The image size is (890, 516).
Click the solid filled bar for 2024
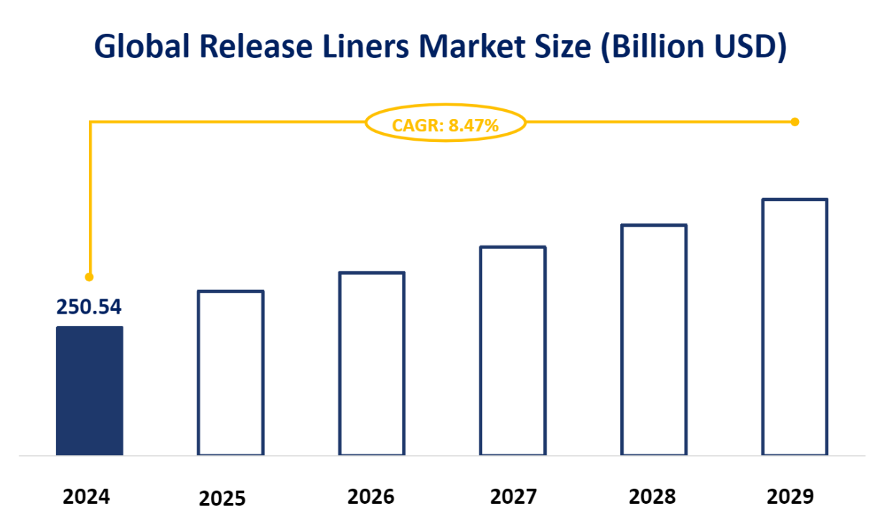(x=90, y=391)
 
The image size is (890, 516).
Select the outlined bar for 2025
(x=230, y=373)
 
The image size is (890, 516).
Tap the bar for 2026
(x=372, y=364)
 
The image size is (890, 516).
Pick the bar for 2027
(x=513, y=351)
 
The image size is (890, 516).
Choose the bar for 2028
(x=654, y=340)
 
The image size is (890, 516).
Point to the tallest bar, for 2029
(x=795, y=327)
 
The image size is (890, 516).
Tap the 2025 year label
(x=222, y=498)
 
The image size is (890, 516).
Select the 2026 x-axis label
(x=371, y=497)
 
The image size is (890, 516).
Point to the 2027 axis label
(x=514, y=497)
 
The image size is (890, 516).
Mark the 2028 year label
(x=652, y=497)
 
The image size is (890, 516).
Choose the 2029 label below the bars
(x=790, y=497)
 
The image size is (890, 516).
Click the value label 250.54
(x=89, y=307)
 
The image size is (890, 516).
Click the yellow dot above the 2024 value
(x=90, y=276)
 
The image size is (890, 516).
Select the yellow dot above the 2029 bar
(x=795, y=122)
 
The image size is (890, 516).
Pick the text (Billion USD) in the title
(x=695, y=47)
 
